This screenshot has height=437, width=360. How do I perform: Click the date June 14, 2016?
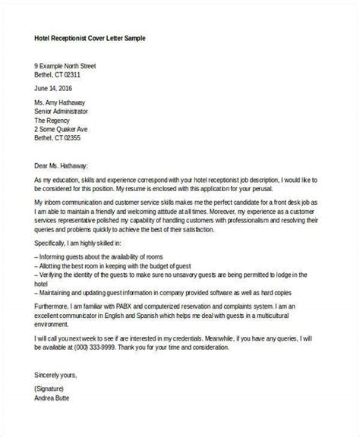[56, 88]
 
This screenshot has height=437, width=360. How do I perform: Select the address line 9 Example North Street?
[75, 65]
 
